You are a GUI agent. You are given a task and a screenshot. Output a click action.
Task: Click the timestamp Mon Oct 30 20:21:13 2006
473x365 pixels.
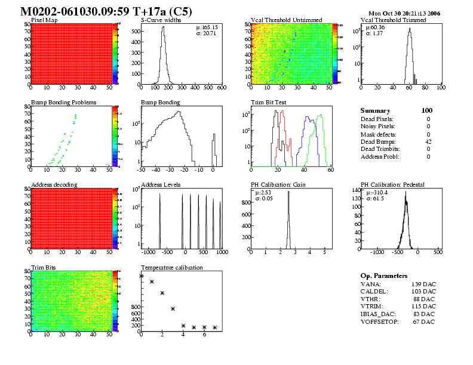[405, 13]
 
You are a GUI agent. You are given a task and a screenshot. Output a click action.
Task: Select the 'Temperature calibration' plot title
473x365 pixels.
[171, 267]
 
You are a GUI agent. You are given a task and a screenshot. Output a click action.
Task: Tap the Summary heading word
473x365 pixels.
[375, 110]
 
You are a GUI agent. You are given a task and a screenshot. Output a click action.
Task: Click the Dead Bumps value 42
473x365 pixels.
[428, 141]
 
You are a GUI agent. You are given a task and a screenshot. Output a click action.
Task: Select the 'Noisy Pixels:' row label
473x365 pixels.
[379, 126]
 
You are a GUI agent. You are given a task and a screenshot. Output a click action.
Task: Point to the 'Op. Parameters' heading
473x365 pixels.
[384, 276]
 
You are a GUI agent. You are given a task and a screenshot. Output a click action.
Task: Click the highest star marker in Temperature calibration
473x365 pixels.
[142, 276]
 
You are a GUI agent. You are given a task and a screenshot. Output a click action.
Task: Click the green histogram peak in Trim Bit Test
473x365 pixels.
[321, 115]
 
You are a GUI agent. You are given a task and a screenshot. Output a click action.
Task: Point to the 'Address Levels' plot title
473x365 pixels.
[161, 184]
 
